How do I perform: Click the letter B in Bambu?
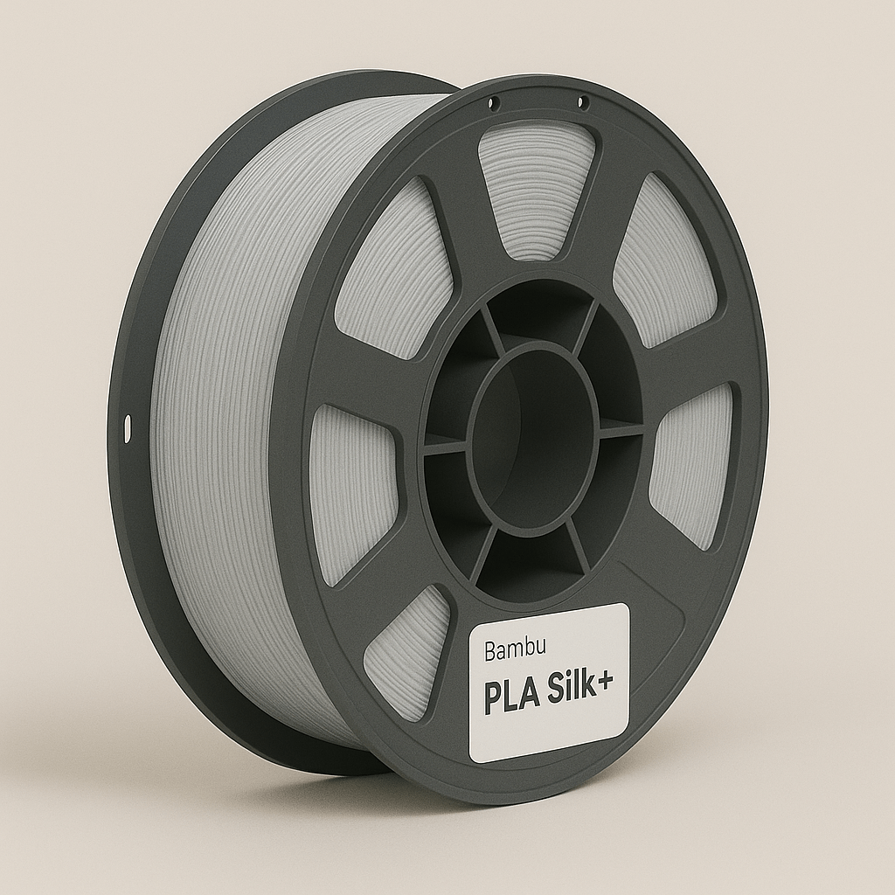pyautogui.click(x=489, y=651)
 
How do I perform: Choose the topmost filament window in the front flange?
pyautogui.click(x=536, y=188)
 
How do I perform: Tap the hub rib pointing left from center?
pyautogui.click(x=446, y=446)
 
